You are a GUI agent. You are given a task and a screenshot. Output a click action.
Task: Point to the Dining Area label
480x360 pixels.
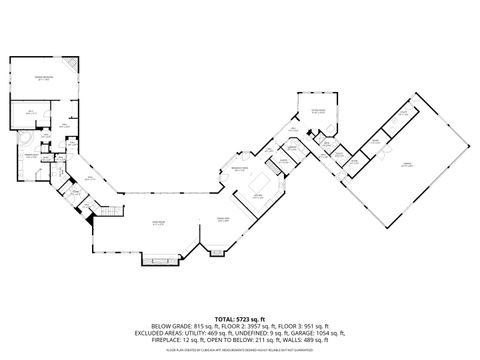[224, 218]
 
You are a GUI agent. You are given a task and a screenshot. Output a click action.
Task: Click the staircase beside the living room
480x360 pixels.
[110, 210]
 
